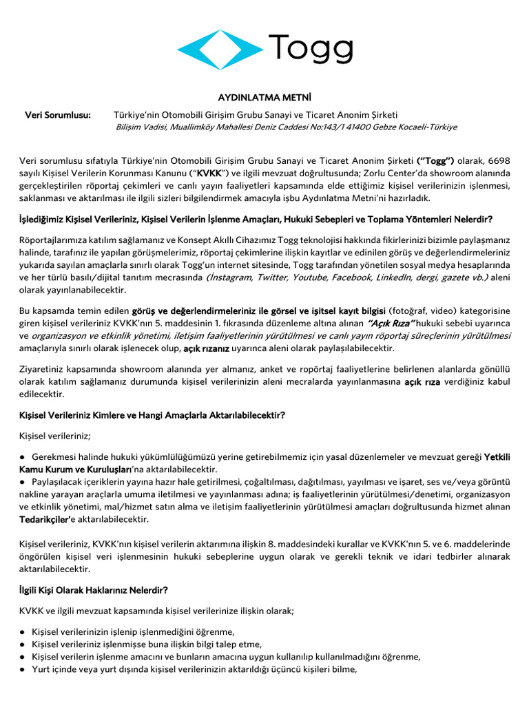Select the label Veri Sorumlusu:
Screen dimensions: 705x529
click(58, 114)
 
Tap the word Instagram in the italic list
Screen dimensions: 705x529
click(233, 277)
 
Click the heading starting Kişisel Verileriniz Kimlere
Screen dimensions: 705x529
click(152, 415)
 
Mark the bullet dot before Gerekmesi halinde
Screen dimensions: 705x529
click(23, 456)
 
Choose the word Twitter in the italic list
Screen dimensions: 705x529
click(273, 277)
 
